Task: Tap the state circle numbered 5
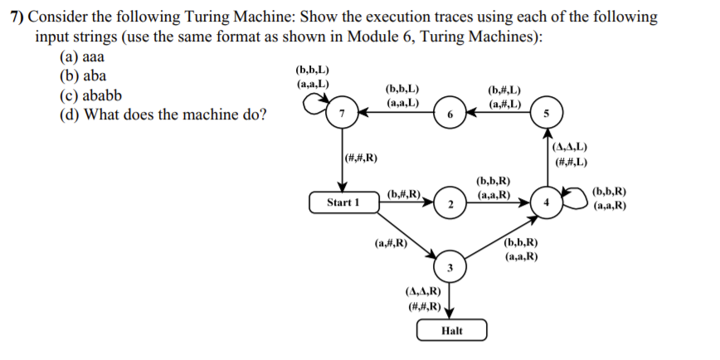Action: (x=546, y=113)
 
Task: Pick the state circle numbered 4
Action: (x=546, y=202)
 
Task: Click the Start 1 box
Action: (x=343, y=202)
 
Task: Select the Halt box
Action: (x=452, y=330)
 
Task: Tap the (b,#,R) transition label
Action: (x=406, y=194)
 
